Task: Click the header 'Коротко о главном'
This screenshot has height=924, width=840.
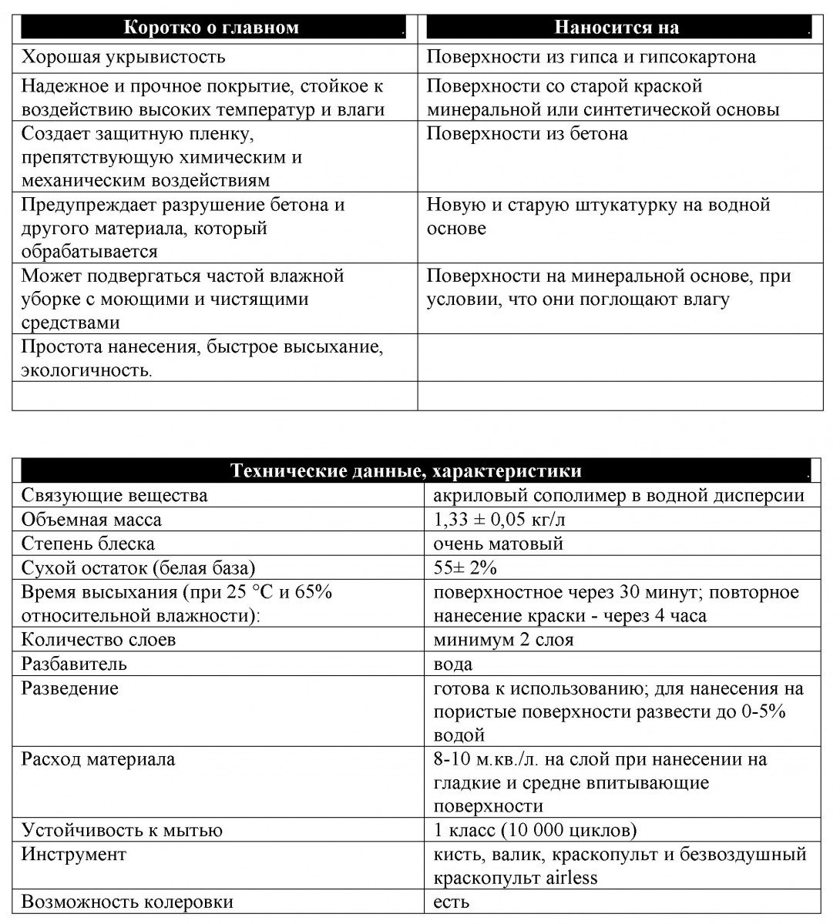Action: coord(211,28)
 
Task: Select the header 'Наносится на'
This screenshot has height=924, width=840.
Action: coord(617,28)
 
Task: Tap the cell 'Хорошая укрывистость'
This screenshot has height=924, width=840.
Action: coord(123,57)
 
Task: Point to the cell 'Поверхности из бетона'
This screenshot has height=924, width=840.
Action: coord(527,134)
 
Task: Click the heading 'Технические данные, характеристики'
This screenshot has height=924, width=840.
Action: coord(406,471)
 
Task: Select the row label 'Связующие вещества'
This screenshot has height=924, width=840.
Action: coord(114,495)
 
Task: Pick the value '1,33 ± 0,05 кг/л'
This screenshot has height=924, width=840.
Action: coord(499,520)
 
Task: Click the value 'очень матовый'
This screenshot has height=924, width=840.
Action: coord(499,544)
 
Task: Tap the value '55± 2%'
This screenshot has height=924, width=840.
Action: coord(465,568)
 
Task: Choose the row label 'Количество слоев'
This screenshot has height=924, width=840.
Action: coord(99,640)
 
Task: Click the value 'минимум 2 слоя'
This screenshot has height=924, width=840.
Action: coord(503,640)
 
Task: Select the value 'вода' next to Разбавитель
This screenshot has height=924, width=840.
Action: coord(453,664)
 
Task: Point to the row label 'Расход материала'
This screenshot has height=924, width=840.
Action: coord(98,759)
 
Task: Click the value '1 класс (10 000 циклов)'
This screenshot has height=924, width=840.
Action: coord(536,830)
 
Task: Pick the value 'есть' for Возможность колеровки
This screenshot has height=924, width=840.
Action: coord(452,902)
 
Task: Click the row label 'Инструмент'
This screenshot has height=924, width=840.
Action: coord(74,854)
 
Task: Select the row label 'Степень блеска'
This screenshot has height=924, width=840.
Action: coord(88,544)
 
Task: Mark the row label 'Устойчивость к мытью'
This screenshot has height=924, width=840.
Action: coord(122,830)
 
